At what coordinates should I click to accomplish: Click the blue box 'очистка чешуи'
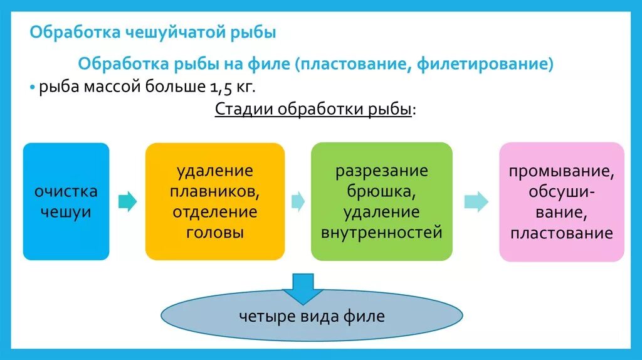tap(66, 201)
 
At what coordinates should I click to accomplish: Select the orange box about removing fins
tap(214, 201)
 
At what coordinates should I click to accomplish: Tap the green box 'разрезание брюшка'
tap(381, 201)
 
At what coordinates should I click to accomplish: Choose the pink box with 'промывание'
tap(561, 201)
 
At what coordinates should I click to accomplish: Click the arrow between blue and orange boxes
tap(127, 201)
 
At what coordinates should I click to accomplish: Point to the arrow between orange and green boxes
tap(298, 201)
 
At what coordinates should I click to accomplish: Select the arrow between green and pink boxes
tap(476, 201)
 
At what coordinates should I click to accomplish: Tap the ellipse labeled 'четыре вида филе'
tap(312, 316)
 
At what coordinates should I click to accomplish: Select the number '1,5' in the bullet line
tap(224, 86)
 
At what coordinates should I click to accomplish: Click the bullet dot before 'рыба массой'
tap(33, 87)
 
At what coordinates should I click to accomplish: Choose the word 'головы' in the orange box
tap(215, 233)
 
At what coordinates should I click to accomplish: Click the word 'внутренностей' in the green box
tap(382, 233)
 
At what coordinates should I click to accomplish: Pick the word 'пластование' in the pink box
tap(561, 234)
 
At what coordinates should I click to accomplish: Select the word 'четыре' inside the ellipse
tap(263, 316)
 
